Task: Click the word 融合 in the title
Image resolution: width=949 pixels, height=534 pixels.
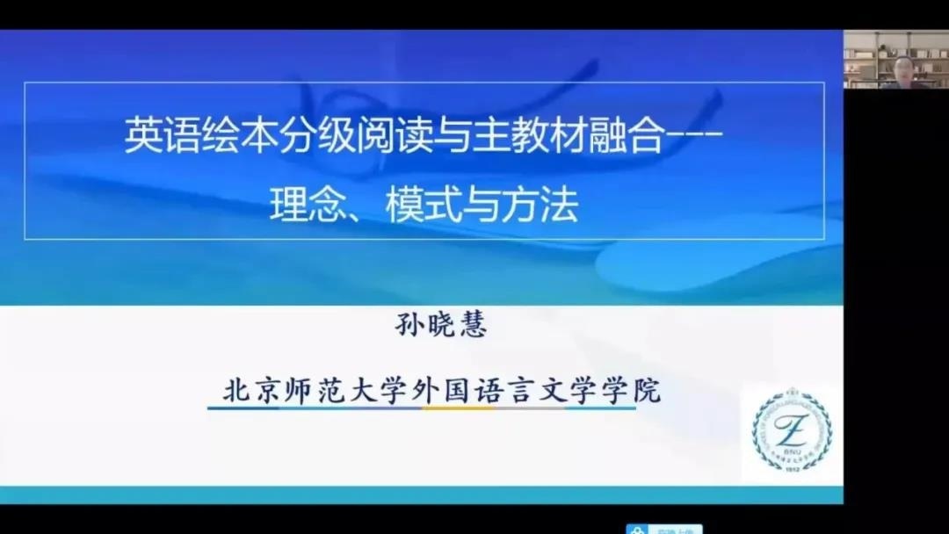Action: pos(627,138)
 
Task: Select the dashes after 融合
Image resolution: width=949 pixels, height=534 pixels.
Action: pos(693,138)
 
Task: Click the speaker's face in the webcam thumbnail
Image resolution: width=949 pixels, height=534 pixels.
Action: pos(902,66)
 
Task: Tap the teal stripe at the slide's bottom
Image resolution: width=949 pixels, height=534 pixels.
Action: pos(422,495)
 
